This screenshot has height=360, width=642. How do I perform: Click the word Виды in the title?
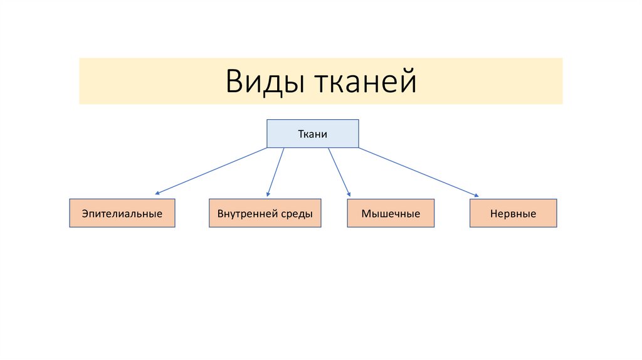(263, 82)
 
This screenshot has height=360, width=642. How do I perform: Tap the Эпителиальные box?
(122, 213)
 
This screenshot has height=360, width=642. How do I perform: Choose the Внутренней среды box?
(265, 213)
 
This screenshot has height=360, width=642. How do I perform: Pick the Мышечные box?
(391, 213)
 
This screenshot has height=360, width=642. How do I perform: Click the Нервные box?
(512, 213)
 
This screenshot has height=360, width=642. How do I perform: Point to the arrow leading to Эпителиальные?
(212, 171)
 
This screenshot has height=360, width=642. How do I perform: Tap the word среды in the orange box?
(297, 213)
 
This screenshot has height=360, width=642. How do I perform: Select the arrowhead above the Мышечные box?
(349, 196)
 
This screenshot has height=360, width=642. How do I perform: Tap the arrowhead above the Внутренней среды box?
(268, 195)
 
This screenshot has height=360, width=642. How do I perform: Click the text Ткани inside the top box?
(312, 134)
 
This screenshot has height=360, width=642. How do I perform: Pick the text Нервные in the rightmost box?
(512, 214)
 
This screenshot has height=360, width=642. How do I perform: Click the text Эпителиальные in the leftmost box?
(122, 214)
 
